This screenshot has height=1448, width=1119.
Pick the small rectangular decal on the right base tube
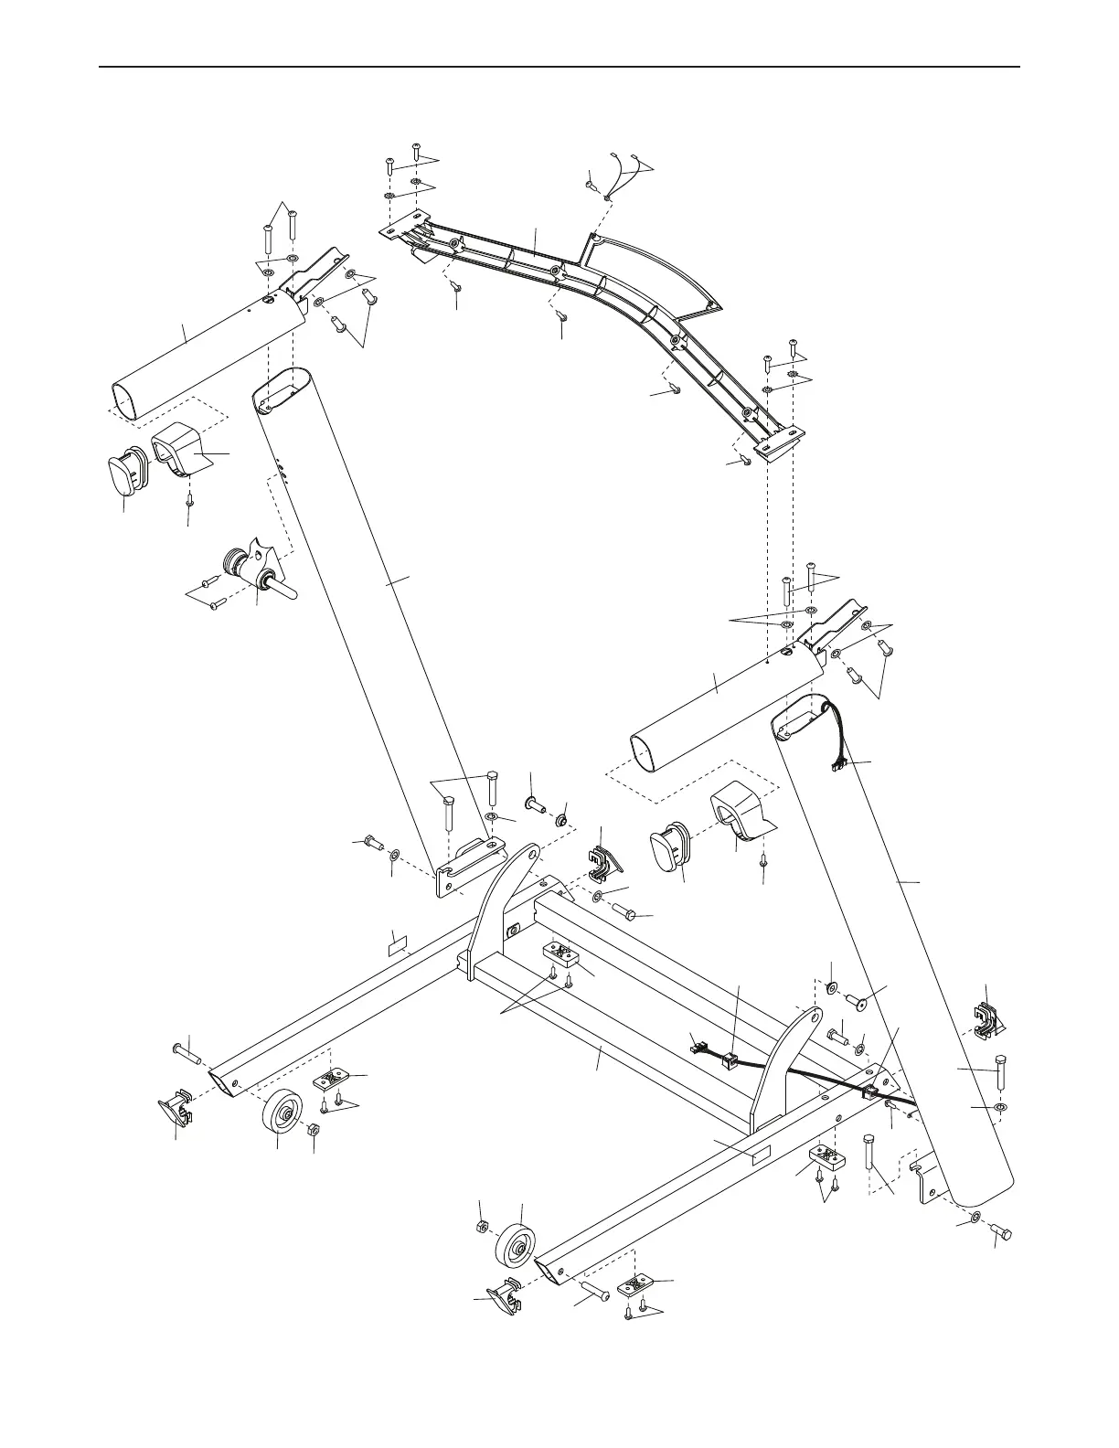tap(759, 1155)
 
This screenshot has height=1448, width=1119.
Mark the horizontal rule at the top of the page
tap(559, 67)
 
